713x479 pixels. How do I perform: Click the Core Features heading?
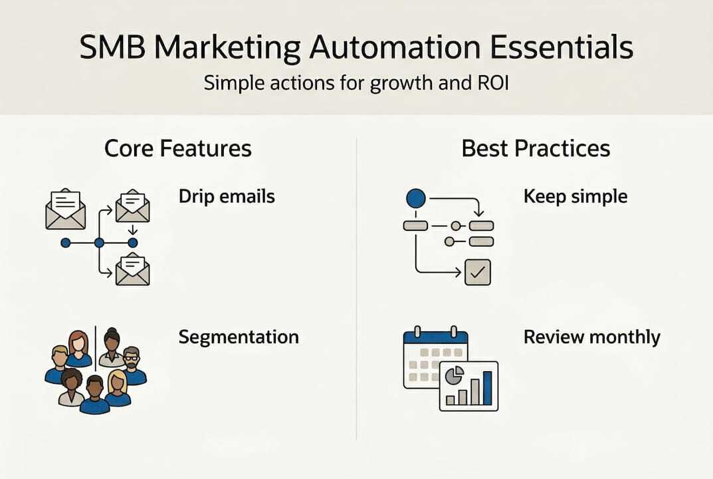[x=178, y=148]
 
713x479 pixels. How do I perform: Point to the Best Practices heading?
[x=536, y=148]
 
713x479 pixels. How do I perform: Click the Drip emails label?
[x=227, y=196]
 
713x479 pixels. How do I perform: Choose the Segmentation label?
[x=239, y=337]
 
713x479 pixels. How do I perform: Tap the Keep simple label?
[x=575, y=196]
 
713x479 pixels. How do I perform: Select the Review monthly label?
[x=591, y=337]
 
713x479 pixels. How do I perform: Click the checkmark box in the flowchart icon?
[x=478, y=272]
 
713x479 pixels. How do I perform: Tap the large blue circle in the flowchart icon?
[x=415, y=198]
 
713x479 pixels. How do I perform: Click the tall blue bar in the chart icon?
[x=487, y=388]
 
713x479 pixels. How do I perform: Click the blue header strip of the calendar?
[x=436, y=337]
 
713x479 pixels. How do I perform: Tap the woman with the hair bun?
[x=112, y=346]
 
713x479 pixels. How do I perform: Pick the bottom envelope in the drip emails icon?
[x=132, y=269]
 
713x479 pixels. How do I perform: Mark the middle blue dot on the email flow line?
[x=99, y=243]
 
